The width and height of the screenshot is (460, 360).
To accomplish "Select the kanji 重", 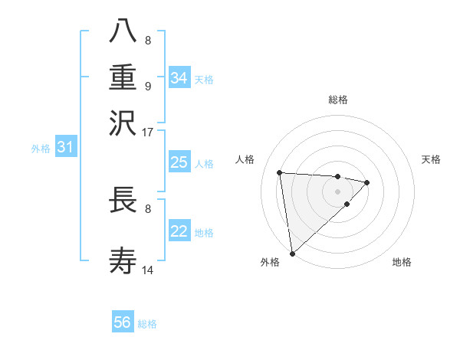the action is click(123, 77).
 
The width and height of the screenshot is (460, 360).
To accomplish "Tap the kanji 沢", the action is click(123, 123).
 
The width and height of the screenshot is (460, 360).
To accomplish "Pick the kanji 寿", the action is click(123, 261).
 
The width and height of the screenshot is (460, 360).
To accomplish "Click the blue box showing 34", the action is click(179, 78).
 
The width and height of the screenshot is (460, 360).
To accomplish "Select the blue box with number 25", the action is click(179, 162).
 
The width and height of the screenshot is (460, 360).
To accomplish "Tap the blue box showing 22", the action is click(179, 231).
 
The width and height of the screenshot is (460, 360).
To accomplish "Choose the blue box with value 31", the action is click(65, 147).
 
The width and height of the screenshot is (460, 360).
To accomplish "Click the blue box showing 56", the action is click(123, 322).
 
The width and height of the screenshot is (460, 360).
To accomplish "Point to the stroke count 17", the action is click(148, 132).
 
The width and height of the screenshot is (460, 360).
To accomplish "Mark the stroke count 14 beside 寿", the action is click(148, 270).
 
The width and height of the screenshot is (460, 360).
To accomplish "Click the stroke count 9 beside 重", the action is click(148, 86).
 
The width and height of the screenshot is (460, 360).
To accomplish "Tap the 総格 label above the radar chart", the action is click(337, 100).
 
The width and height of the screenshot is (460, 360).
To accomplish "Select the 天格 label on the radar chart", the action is click(432, 159).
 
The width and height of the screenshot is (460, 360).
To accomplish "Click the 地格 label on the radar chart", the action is click(402, 263).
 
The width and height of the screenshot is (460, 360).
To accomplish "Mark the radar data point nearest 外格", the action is click(292, 254).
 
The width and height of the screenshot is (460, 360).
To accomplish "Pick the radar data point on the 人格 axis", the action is click(280, 172).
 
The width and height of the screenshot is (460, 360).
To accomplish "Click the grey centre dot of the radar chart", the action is click(337, 191).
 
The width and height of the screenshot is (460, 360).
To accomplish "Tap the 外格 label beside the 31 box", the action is click(40, 149).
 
